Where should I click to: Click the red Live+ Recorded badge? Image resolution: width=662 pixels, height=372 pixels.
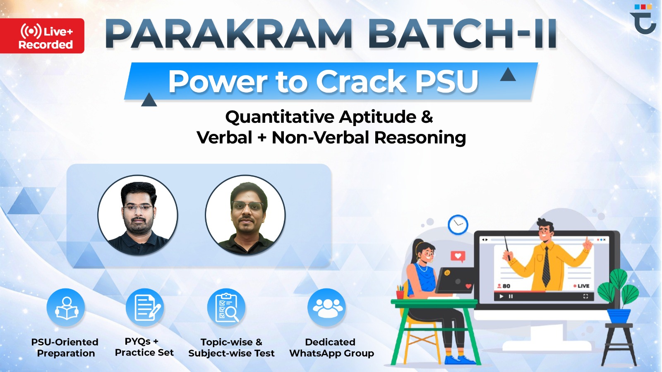tap(42, 36)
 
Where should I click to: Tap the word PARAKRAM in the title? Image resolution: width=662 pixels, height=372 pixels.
tap(229, 34)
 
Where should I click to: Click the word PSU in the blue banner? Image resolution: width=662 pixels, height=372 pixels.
tap(447, 81)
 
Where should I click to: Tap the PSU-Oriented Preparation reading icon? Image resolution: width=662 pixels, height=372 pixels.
tap(66, 308)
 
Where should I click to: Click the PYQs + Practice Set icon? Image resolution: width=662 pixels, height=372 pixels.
tap(145, 308)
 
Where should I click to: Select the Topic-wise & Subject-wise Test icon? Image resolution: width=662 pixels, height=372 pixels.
tap(226, 308)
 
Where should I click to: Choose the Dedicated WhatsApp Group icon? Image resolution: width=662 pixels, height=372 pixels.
tap(327, 308)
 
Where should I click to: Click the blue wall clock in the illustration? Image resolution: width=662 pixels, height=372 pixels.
tap(458, 225)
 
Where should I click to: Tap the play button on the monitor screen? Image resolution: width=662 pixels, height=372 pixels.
tap(501, 296)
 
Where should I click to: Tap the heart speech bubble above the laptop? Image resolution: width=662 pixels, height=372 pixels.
tap(458, 256)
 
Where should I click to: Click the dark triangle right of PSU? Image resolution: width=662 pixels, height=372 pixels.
tap(508, 75)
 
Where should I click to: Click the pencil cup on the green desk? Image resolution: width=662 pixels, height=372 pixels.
tap(400, 292)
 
